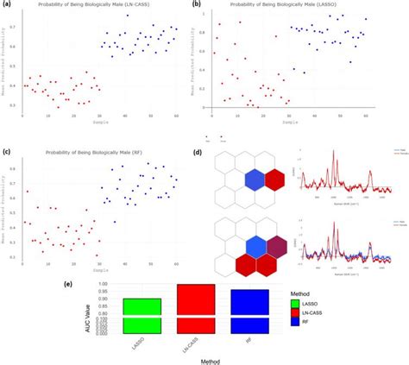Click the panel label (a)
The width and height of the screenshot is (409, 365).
click(7, 5)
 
